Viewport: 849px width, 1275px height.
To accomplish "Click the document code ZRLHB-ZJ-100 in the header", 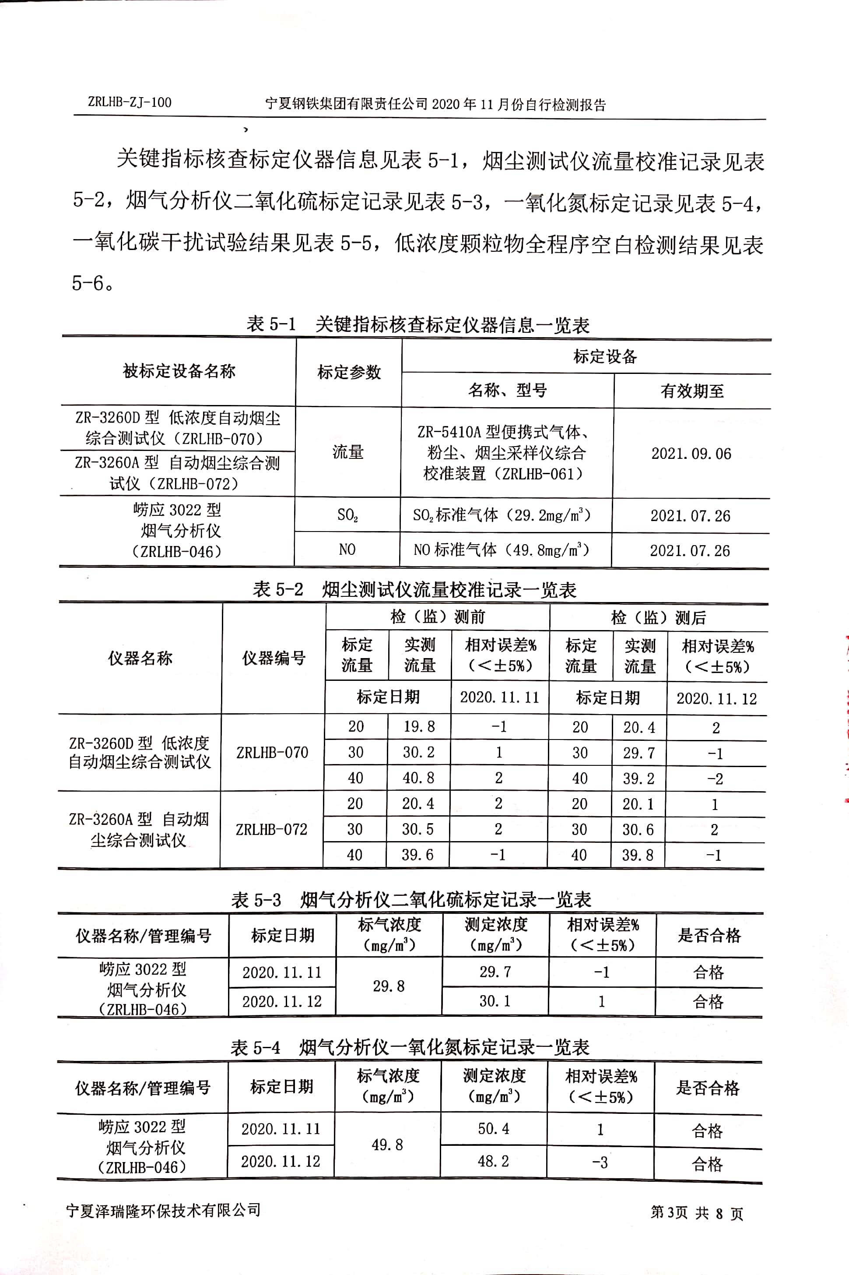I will pyautogui.click(x=130, y=102).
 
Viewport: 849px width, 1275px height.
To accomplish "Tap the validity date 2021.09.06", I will pyautogui.click(x=691, y=453).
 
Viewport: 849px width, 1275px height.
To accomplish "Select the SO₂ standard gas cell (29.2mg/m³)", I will pyautogui.click(x=502, y=514).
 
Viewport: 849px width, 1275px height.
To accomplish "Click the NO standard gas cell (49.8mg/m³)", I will pyautogui.click(x=502, y=550).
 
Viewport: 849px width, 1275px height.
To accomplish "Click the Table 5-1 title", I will pyautogui.click(x=417, y=324).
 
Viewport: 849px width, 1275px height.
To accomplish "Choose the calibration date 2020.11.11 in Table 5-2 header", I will pyautogui.click(x=499, y=697).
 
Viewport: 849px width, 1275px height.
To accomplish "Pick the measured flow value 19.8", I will pyautogui.click(x=419, y=726).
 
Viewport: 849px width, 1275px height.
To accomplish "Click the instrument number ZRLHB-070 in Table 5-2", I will pyautogui.click(x=272, y=752).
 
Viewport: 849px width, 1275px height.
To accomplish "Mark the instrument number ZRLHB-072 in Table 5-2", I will pyautogui.click(x=271, y=829).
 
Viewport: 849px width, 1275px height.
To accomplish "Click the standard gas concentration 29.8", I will pyautogui.click(x=388, y=986).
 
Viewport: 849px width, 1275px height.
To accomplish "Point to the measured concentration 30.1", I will pyautogui.click(x=495, y=1001).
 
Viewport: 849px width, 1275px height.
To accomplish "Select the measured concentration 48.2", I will pyautogui.click(x=493, y=1161).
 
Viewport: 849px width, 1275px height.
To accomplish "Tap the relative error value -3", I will pyautogui.click(x=600, y=1162).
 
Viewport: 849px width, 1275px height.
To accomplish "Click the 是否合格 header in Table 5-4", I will pyautogui.click(x=707, y=1088).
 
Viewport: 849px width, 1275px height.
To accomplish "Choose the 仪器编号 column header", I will pyautogui.click(x=274, y=658).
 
